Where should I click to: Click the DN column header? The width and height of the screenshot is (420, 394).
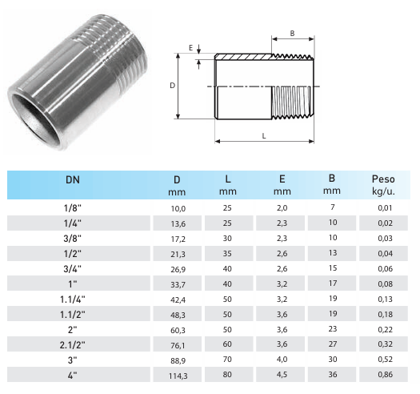tap(73, 179)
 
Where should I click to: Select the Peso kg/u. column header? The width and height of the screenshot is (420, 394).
tap(383, 185)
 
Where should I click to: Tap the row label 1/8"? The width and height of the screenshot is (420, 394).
tap(72, 208)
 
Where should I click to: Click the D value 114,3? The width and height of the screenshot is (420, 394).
tap(178, 376)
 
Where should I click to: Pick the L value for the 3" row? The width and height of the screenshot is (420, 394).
tap(227, 359)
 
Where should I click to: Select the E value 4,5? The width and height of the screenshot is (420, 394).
tap(282, 375)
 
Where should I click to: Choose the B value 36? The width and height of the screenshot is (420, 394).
tap(333, 375)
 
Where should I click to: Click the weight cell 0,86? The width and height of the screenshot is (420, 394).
tap(385, 375)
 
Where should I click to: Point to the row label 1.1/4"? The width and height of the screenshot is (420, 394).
tap(72, 300)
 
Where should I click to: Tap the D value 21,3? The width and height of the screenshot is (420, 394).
tap(178, 255)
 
